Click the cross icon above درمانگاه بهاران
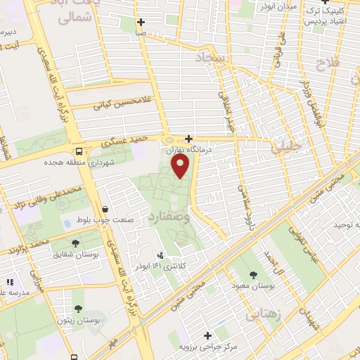(188, 139)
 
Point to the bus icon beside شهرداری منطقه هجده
(79, 151)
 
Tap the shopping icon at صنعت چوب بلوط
(105, 209)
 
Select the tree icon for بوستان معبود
(254, 273)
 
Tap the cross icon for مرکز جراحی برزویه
(207, 335)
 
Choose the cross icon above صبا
(142, 22)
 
